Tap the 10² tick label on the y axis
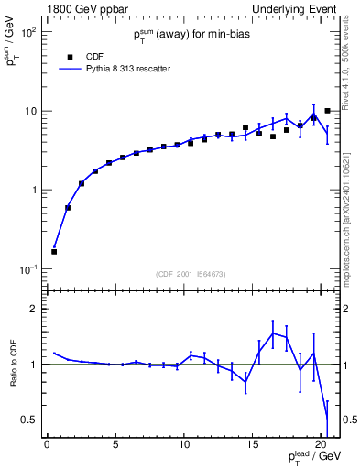pos(27,32)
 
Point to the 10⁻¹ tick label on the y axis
pos(27,269)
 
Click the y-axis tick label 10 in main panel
pos(29,111)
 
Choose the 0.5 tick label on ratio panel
pos(29,420)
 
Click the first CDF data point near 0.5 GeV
pos(54,252)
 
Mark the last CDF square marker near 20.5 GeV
pos(327,111)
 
